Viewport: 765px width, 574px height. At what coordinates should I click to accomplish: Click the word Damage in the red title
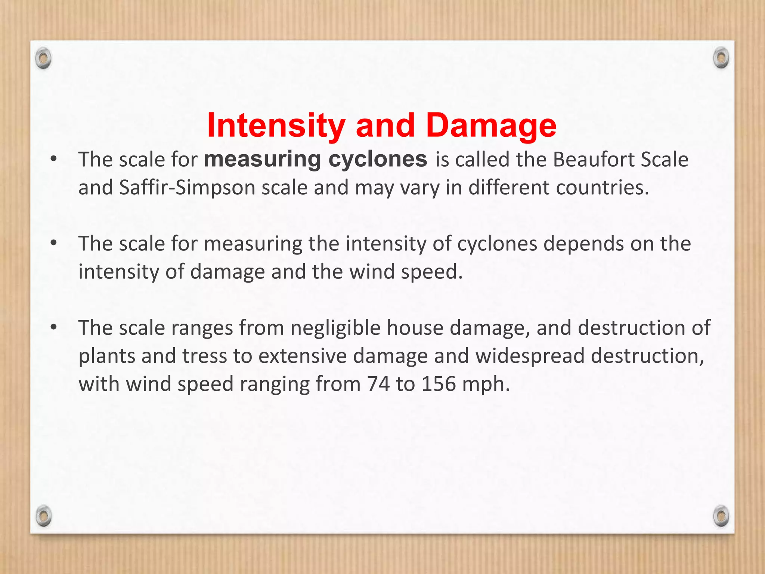491,126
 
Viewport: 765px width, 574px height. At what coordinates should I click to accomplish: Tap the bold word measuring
262,159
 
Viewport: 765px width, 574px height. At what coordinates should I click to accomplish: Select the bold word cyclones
378,159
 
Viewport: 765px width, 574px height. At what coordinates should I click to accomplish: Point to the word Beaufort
593,159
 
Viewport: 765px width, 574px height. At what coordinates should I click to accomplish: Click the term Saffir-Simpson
187,188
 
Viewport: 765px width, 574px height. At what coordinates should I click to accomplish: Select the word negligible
335,328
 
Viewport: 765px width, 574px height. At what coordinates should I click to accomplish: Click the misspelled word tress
205,356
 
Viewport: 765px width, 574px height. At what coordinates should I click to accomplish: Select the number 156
439,384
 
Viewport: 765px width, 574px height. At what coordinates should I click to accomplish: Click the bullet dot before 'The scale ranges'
54,328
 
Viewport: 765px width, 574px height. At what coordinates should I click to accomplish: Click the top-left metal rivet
44,59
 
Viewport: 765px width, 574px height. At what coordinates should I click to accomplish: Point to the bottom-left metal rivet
44,516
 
